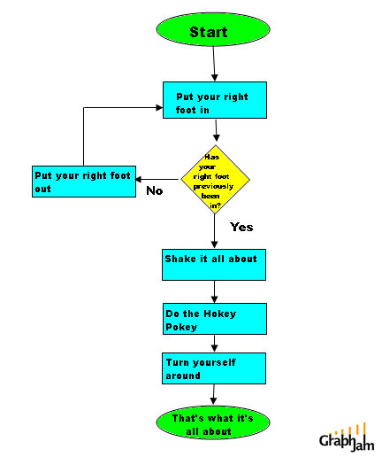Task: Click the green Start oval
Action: (209, 32)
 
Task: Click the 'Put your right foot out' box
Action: (84, 180)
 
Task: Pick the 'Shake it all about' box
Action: (213, 264)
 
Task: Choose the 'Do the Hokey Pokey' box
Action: (213, 319)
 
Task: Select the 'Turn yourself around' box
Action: (213, 368)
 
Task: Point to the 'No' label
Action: (154, 190)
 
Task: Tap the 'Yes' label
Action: (241, 227)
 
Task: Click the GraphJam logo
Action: (348, 438)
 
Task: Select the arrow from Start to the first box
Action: (214, 65)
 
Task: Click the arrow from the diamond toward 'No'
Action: (159, 177)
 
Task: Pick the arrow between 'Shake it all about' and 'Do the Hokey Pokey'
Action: (214, 291)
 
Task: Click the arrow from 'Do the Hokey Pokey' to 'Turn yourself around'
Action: (214, 344)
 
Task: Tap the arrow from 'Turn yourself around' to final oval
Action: (214, 395)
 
